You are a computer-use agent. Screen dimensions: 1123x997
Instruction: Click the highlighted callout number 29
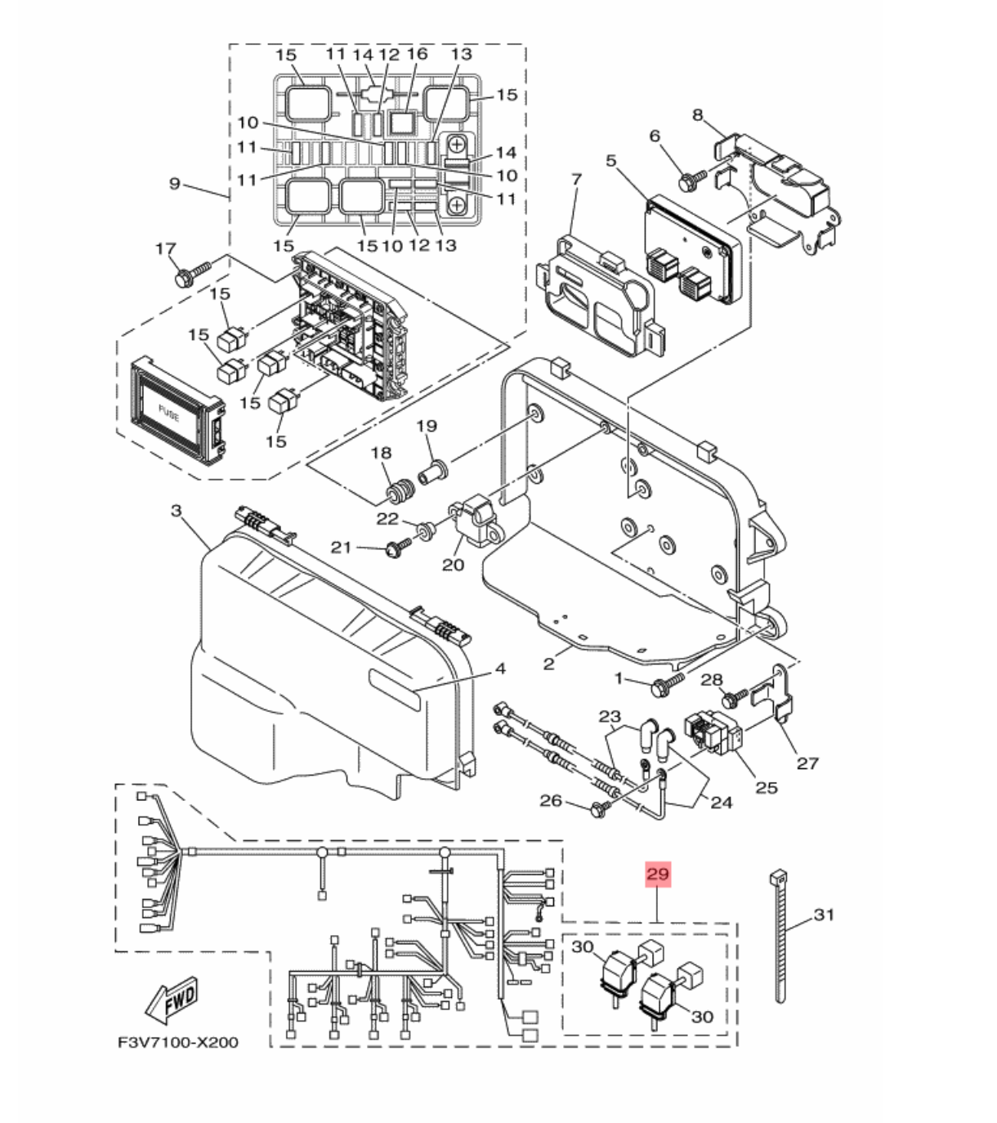coord(658,874)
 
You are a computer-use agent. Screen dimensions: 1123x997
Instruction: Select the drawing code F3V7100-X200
coord(177,1042)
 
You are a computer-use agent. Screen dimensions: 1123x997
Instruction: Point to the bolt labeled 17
coord(187,274)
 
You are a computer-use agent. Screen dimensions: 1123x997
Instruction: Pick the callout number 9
coord(174,184)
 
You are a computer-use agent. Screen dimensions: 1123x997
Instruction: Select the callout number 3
coord(176,511)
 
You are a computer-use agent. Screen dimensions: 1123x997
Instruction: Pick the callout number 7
coord(576,178)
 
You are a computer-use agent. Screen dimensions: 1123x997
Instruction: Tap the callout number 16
coord(417,55)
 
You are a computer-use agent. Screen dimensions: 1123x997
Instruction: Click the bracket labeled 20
coord(476,523)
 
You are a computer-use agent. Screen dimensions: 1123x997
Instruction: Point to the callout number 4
coord(500,669)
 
